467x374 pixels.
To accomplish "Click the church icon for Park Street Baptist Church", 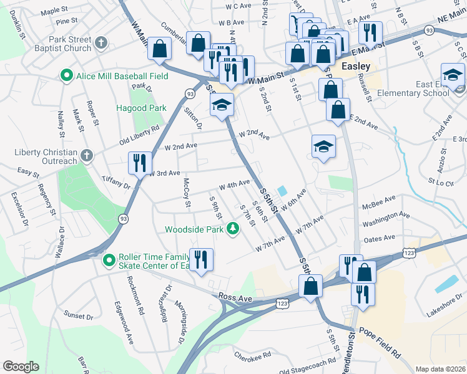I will point(101,43).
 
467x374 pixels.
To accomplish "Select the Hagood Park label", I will point(141,108).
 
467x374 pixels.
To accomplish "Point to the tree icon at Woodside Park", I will point(234,229).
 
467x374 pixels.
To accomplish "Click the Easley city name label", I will point(356,66).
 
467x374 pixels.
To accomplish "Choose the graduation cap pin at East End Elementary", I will point(452,75).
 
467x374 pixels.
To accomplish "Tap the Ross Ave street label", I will point(235,299).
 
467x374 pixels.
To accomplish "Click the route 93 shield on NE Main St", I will point(429,30).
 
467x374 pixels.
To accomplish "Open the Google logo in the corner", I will point(20,367).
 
